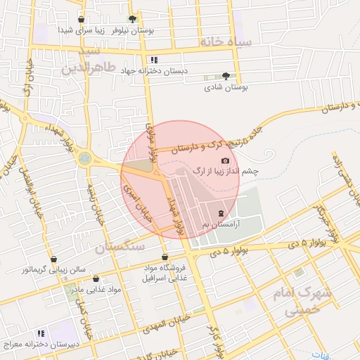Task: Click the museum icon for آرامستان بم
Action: click(x=221, y=212)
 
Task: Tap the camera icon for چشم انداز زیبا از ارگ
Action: click(x=225, y=161)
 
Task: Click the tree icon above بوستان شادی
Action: click(x=225, y=76)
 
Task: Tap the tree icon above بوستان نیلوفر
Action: click(x=132, y=19)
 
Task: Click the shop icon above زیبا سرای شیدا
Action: click(x=82, y=20)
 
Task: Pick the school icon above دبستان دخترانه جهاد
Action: click(x=154, y=60)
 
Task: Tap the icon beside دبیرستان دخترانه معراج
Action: click(x=41, y=333)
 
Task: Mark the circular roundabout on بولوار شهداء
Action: click(x=85, y=158)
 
